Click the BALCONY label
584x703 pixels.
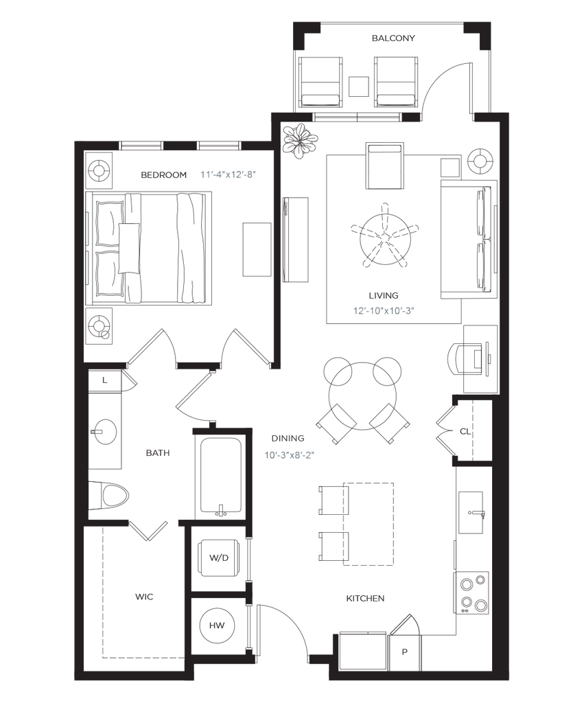(x=393, y=38)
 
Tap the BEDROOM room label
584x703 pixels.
(x=163, y=175)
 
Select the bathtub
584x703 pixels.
(x=220, y=474)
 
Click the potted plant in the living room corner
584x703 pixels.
(x=301, y=141)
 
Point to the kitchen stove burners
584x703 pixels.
(x=474, y=592)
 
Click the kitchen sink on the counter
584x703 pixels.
(x=471, y=511)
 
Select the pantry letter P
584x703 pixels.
(x=404, y=652)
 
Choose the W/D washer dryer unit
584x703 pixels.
(x=218, y=557)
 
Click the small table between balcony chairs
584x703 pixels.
(x=358, y=86)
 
